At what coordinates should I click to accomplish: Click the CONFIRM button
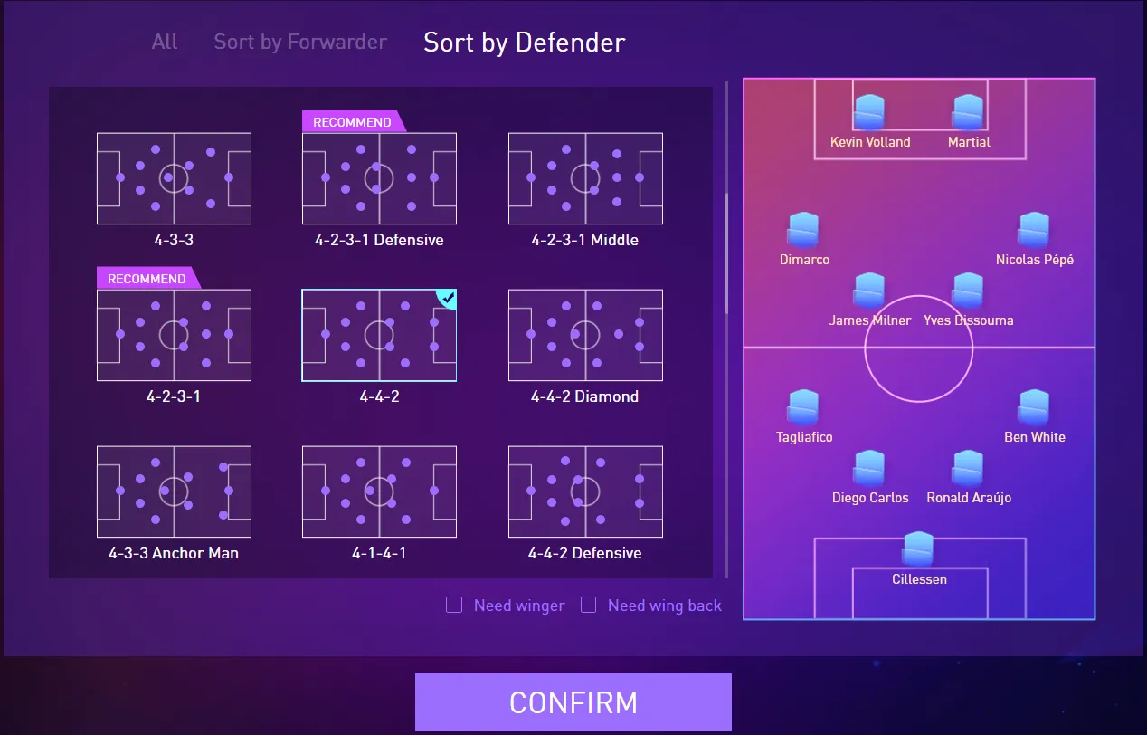[x=573, y=702]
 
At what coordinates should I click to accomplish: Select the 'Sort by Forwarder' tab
[x=300, y=42]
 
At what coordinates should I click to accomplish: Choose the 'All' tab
[x=165, y=42]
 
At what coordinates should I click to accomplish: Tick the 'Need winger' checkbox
[x=454, y=605]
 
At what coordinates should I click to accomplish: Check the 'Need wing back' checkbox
[x=588, y=605]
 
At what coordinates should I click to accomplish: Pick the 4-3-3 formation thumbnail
[x=174, y=178]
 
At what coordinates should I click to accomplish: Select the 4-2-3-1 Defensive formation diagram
[x=379, y=178]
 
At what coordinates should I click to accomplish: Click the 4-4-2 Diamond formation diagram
[x=585, y=335]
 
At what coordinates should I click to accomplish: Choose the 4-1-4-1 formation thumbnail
[x=379, y=492]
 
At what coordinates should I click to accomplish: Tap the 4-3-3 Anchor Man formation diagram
[x=174, y=492]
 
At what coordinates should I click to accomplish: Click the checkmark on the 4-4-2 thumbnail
[x=448, y=297]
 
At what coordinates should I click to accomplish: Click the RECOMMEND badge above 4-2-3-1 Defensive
[x=352, y=122]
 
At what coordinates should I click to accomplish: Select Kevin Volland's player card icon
[x=869, y=112]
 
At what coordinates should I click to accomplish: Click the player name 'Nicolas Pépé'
[x=1034, y=260]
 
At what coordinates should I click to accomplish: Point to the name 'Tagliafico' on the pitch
[x=804, y=436]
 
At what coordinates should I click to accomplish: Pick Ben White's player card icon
[x=1034, y=407]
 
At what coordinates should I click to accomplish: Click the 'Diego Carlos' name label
[x=870, y=497]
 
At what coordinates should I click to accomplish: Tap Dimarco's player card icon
[x=804, y=230]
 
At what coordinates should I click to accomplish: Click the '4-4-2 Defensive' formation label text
[x=584, y=553]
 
